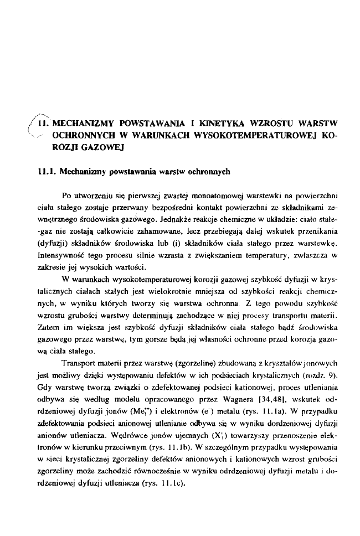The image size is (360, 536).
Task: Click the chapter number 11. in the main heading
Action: (x=43, y=123)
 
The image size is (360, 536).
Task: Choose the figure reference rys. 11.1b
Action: (x=175, y=447)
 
